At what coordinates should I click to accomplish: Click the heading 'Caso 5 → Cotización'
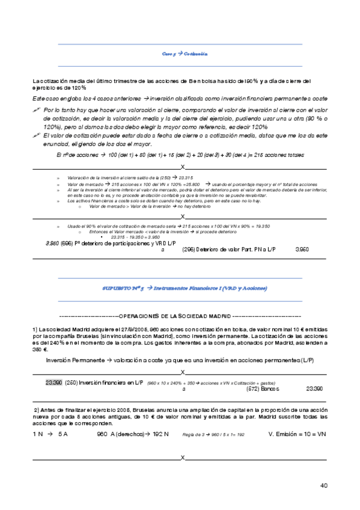tap(185, 54)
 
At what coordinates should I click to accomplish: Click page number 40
tap(324, 485)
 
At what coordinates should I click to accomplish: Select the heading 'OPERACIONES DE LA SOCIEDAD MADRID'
tap(181, 316)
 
